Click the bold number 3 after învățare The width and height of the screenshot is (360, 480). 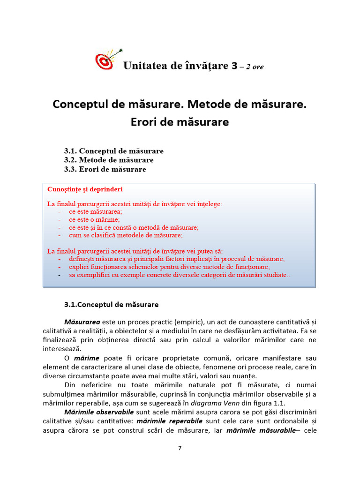(x=234, y=66)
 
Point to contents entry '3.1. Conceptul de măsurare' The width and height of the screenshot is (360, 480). (x=113, y=151)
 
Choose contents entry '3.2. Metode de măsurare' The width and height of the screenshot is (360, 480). (x=109, y=160)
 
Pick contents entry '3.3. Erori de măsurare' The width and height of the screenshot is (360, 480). (x=105, y=169)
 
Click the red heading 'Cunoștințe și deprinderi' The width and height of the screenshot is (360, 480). (x=85, y=189)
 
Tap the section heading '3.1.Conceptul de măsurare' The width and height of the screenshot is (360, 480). (x=111, y=304)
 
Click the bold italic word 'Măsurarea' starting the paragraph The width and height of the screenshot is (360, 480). (x=82, y=322)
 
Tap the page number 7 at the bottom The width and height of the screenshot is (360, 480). (x=180, y=448)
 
